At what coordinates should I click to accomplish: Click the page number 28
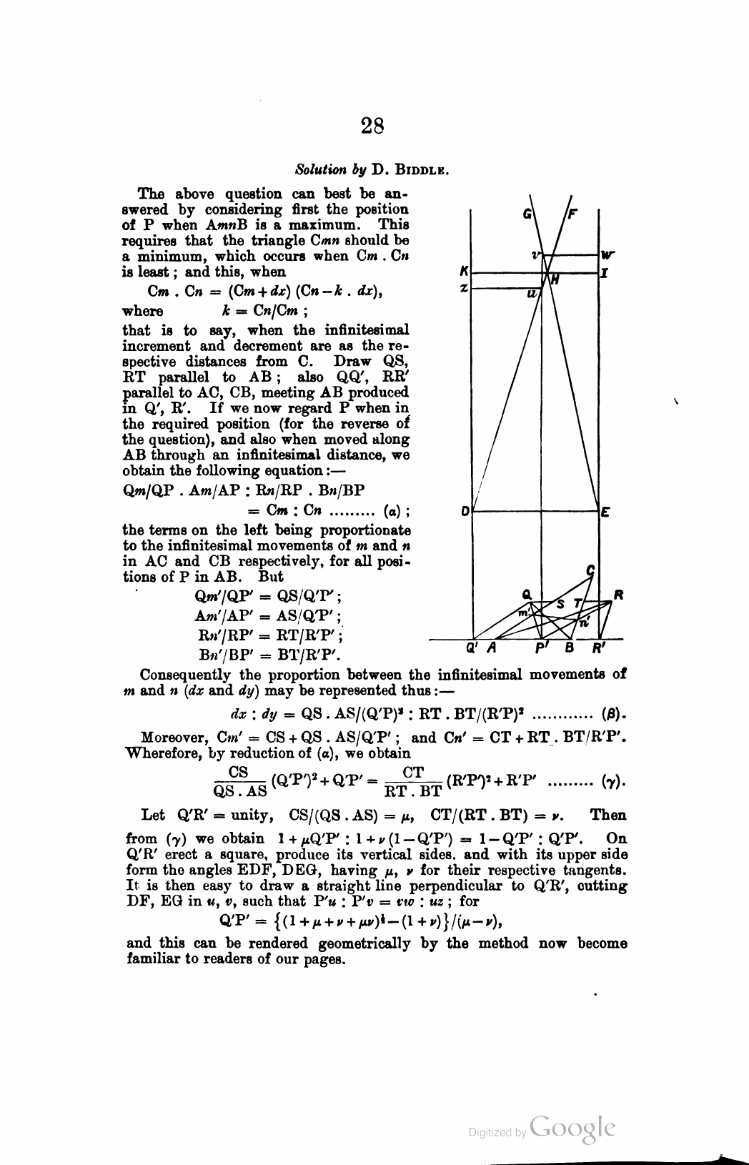tap(372, 127)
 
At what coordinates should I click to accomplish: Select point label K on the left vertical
tap(465, 272)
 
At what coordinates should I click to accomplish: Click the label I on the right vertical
tap(605, 272)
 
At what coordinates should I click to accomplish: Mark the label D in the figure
tap(465, 512)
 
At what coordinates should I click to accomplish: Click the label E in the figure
tap(604, 512)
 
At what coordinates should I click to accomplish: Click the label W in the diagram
tap(607, 254)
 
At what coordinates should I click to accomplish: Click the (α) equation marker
tap(392, 511)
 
